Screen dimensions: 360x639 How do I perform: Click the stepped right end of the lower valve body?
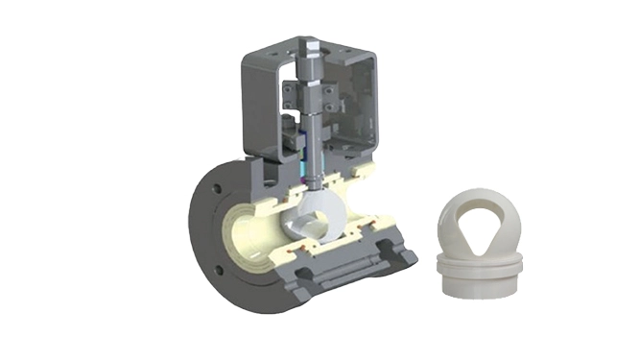click(402, 255)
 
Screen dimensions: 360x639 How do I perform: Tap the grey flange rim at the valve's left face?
click(202, 230)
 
